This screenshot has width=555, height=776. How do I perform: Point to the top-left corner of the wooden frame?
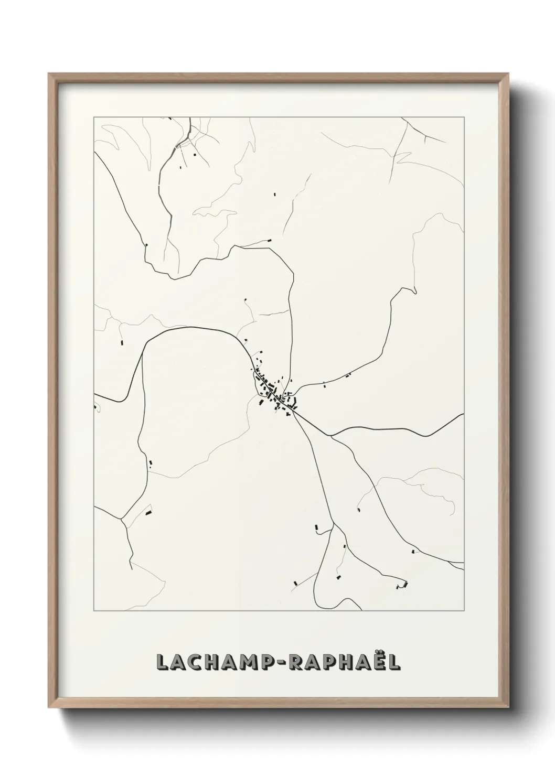point(49,74)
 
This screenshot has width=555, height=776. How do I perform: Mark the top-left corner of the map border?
point(94,117)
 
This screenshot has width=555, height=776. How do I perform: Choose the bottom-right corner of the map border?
point(464,611)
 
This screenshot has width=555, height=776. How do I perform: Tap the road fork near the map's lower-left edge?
point(122,519)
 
